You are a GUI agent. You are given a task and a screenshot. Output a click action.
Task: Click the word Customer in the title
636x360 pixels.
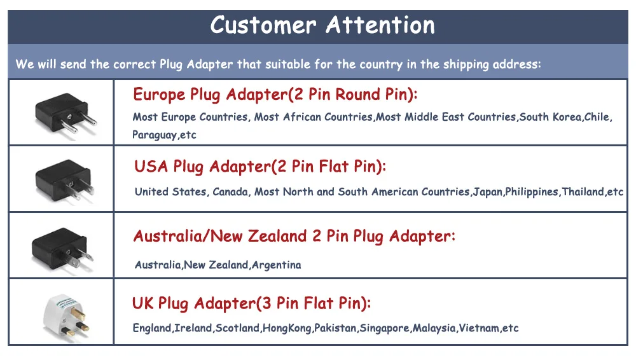coord(263,25)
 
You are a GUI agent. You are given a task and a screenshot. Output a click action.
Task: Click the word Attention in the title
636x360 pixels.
coord(380,25)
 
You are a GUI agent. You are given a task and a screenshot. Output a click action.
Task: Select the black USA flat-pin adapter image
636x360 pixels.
coord(62,179)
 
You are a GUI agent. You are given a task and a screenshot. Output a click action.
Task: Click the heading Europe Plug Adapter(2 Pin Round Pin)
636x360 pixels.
coord(275,95)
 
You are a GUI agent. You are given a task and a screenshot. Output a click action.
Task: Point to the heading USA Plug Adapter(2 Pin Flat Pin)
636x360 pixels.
coord(260,167)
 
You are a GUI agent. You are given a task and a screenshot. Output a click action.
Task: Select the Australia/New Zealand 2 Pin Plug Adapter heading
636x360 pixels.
coord(294,237)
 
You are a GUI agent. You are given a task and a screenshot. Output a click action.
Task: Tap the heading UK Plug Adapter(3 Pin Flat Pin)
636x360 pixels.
coord(251,303)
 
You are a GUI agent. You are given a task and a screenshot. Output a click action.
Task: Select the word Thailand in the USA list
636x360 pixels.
coord(582,191)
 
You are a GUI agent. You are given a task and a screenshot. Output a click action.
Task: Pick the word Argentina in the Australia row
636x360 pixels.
coord(276,265)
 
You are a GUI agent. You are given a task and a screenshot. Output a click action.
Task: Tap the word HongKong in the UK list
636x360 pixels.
coord(287,328)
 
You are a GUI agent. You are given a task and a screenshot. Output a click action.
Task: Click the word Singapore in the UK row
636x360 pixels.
coord(385,328)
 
